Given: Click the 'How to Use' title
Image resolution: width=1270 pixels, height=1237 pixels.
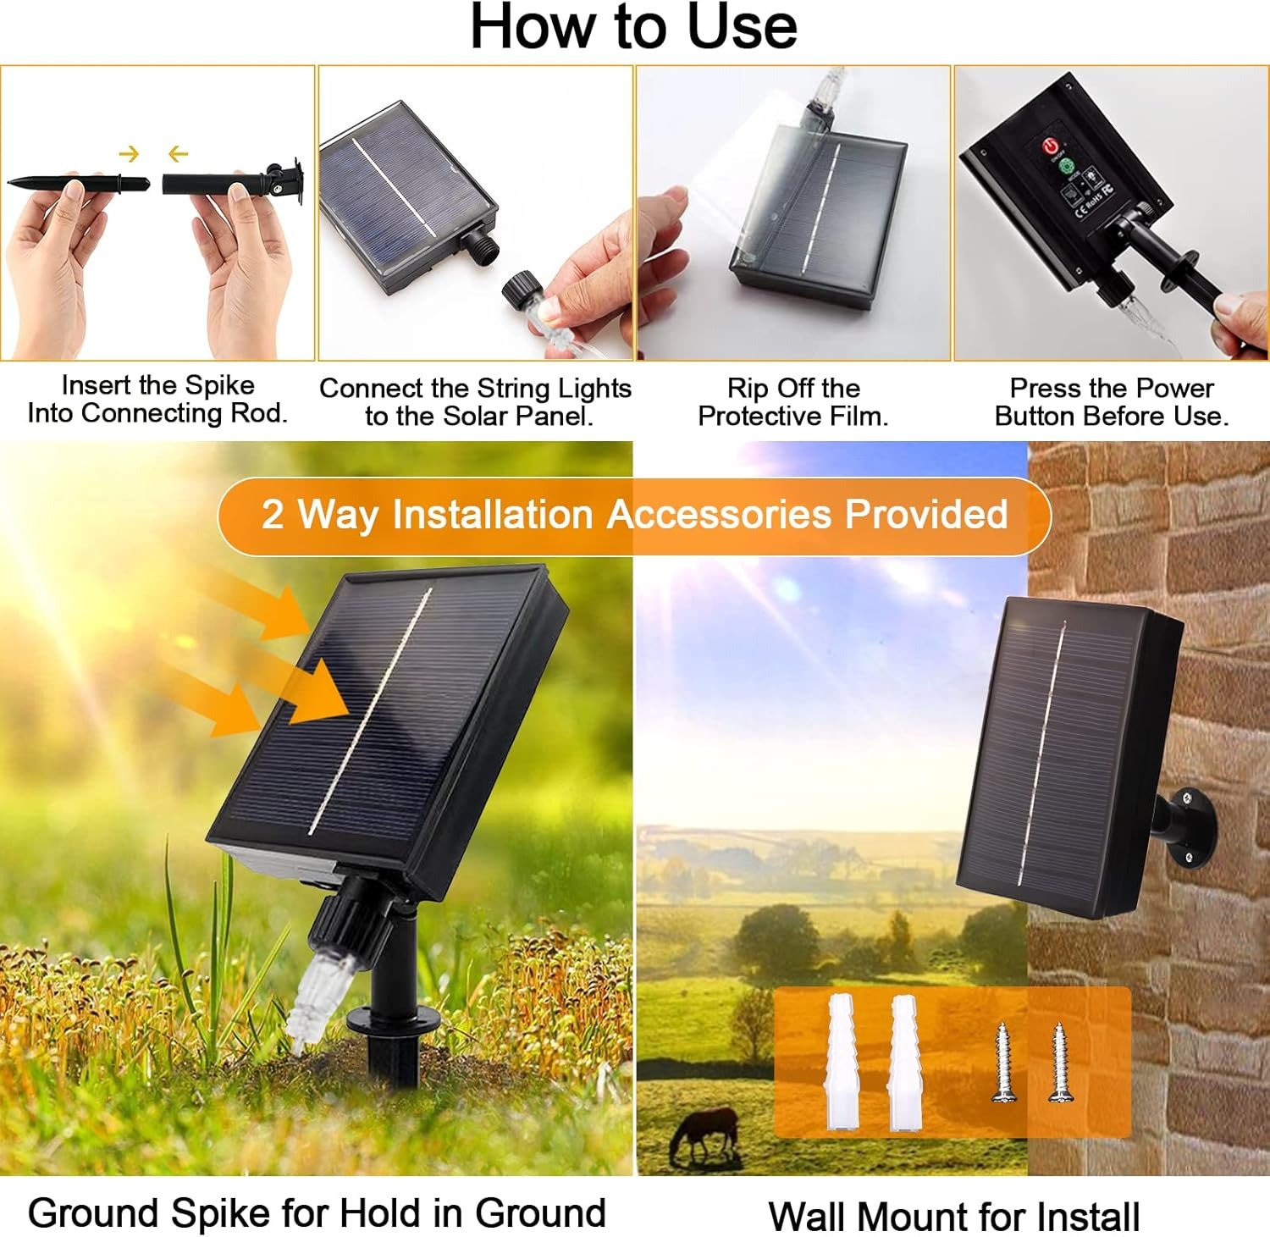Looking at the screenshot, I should (x=633, y=27).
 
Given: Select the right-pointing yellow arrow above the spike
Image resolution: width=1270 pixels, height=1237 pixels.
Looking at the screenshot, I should (x=129, y=154).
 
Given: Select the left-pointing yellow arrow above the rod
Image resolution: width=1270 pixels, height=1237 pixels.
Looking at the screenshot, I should (x=178, y=154).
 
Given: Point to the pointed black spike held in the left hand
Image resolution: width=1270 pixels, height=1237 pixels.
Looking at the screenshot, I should (x=76, y=183).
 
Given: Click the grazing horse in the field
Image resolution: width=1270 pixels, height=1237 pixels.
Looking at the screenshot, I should (x=704, y=1133).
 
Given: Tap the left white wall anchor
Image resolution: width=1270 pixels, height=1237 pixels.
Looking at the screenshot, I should (x=840, y=1062).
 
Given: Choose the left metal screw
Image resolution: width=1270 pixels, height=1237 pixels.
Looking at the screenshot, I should (x=1004, y=1062).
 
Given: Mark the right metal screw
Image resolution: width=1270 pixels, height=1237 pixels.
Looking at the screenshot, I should (x=1059, y=1062).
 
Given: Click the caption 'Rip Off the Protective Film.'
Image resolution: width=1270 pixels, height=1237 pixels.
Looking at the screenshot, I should (x=793, y=402).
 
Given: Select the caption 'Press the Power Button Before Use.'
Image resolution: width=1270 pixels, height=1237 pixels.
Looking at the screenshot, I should (x=1112, y=402).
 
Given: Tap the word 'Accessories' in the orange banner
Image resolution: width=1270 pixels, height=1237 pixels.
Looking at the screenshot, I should (x=719, y=515).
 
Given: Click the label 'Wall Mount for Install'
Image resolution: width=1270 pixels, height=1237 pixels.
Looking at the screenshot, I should (x=953, y=1217).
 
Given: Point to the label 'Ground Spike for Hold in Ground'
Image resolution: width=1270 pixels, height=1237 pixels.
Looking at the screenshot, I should (x=317, y=1212).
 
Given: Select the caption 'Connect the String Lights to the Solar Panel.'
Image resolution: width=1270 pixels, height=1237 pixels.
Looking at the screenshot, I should (x=475, y=402).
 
